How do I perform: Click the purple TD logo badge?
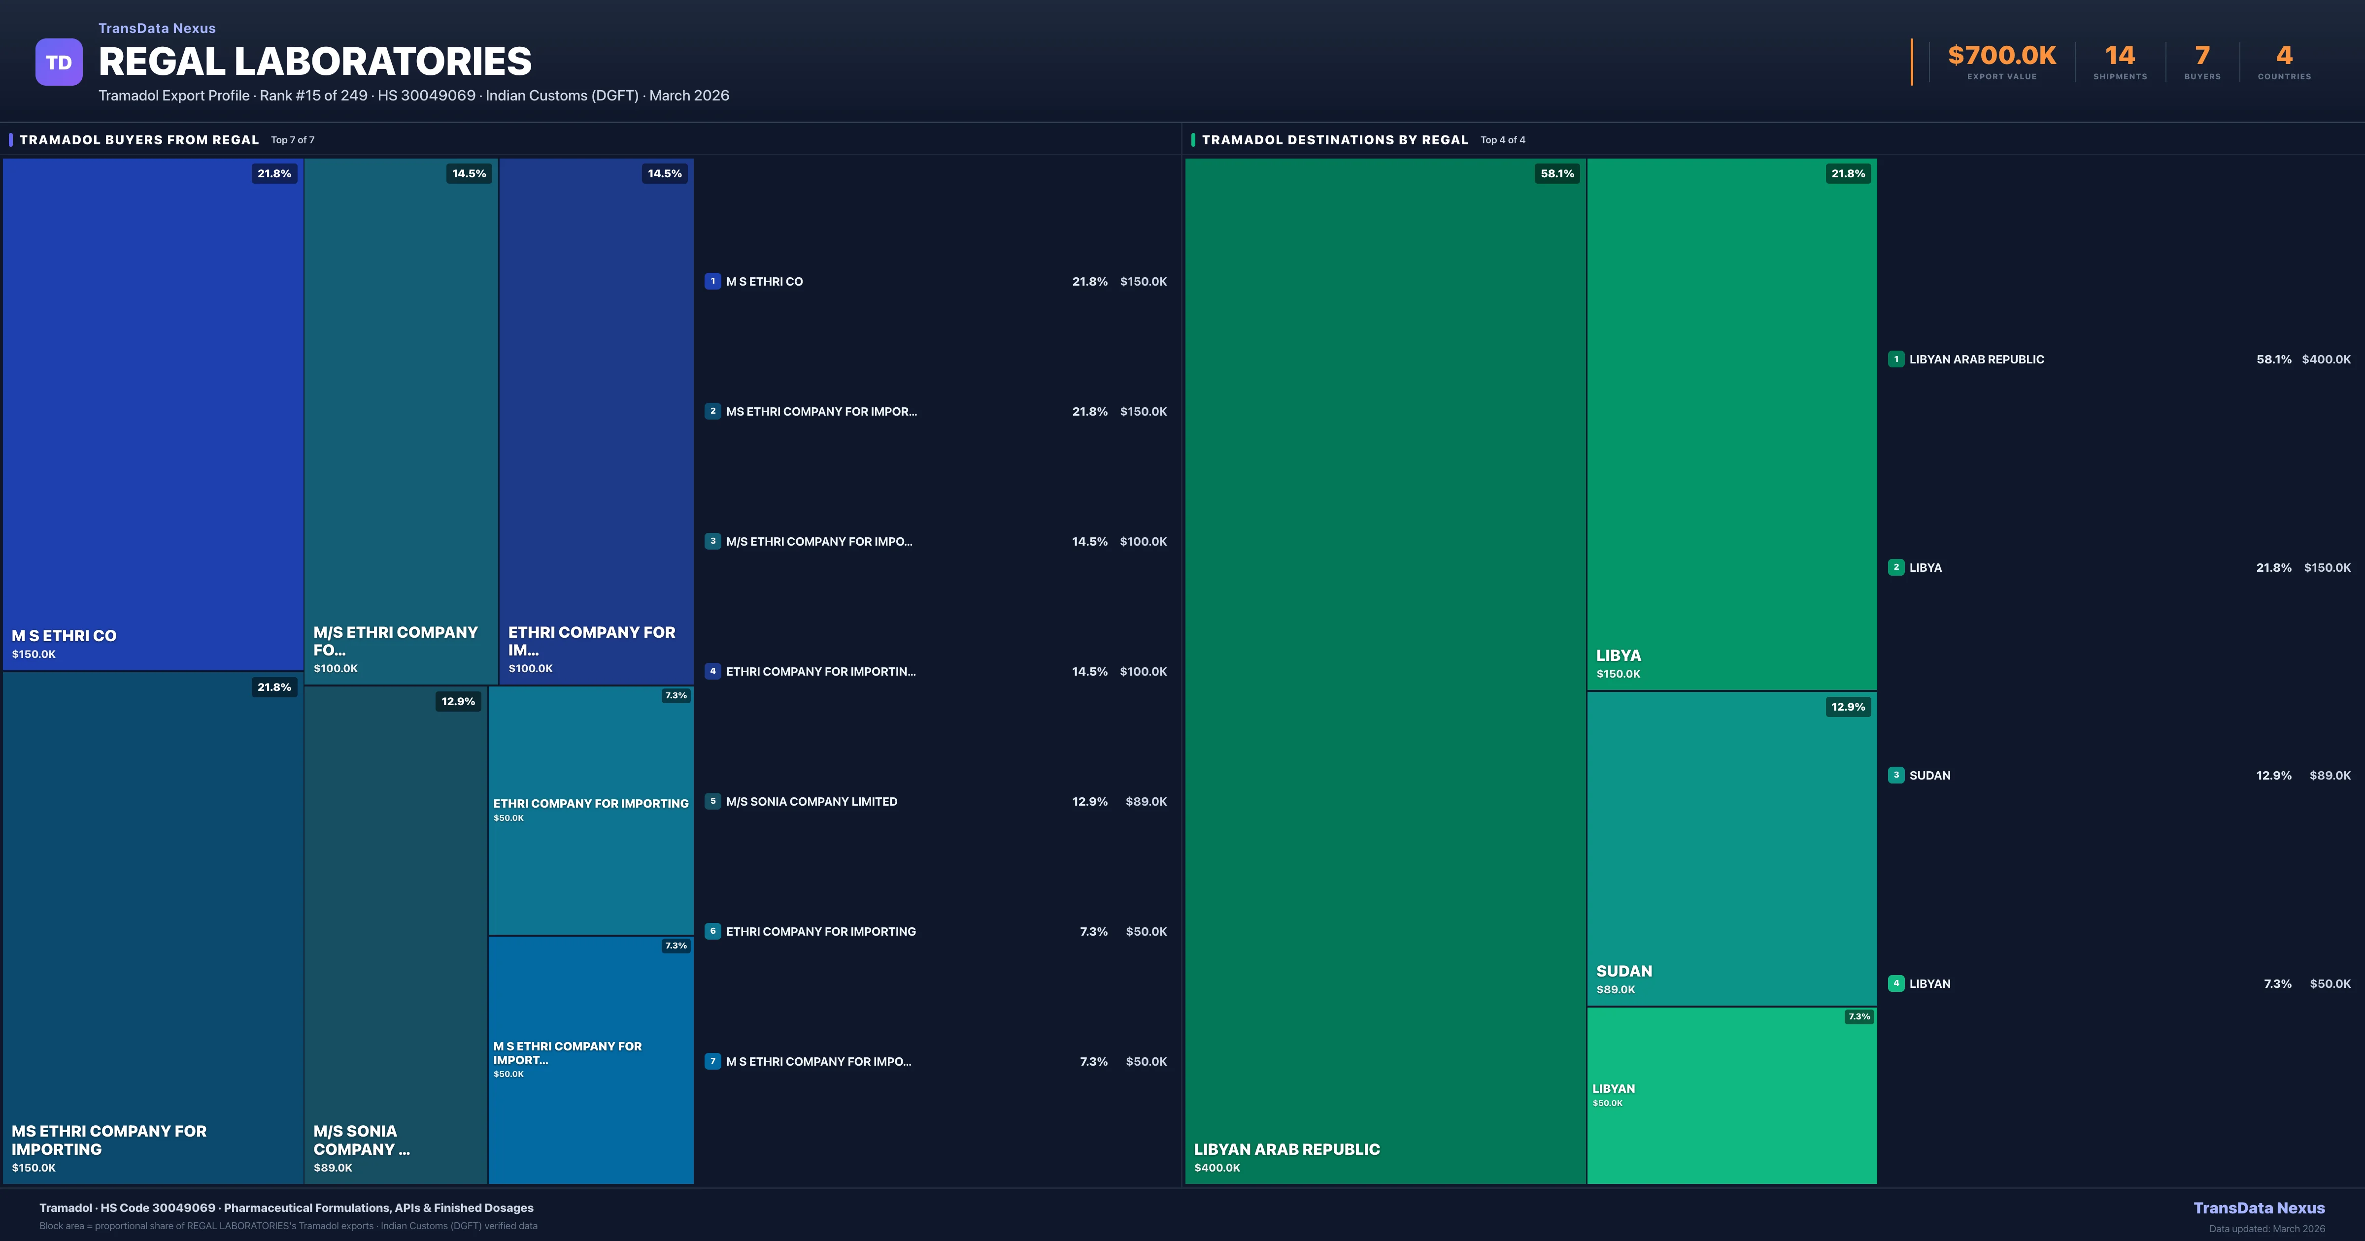(x=59, y=63)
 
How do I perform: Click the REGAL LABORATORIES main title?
(x=315, y=62)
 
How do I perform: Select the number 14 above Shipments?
(x=2120, y=56)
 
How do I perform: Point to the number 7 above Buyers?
(x=2201, y=56)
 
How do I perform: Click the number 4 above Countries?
(x=2284, y=56)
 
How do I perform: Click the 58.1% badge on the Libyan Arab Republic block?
(x=1557, y=173)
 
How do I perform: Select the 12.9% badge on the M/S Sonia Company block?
(x=458, y=701)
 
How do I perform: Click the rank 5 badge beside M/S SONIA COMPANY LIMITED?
(x=712, y=801)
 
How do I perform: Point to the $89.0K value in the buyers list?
(x=1146, y=801)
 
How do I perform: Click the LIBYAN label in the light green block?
(x=1613, y=1089)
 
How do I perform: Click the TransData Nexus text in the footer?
(x=2259, y=1208)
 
